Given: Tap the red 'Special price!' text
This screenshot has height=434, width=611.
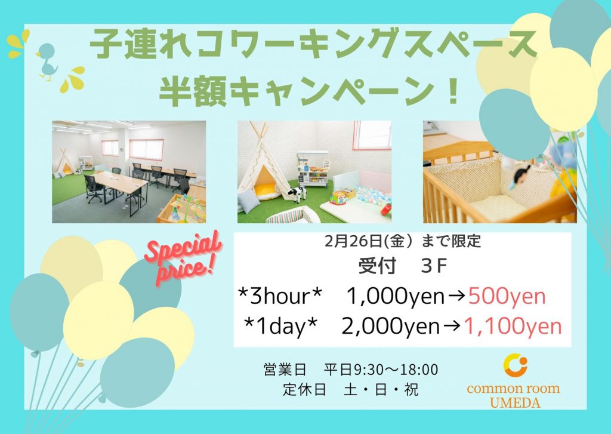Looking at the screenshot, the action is tap(183, 257).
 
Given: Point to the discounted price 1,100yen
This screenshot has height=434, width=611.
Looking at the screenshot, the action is tap(513, 326).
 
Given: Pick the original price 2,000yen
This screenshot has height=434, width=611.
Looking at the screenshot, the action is tap(391, 326).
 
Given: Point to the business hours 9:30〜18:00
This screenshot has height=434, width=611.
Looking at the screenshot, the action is tap(396, 370).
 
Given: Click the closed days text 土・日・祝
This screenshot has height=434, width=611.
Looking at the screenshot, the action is tap(381, 390).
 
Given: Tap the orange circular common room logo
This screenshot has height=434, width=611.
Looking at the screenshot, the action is tap(514, 365).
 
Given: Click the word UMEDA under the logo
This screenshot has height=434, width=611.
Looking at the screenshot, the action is tap(515, 402).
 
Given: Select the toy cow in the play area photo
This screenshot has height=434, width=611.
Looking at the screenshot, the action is tap(297, 194).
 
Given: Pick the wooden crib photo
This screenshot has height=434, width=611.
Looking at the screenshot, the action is tap(499, 171).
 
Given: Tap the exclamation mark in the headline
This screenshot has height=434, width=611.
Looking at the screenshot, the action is tap(452, 91).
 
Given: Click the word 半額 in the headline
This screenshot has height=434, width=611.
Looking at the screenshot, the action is tap(193, 91).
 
